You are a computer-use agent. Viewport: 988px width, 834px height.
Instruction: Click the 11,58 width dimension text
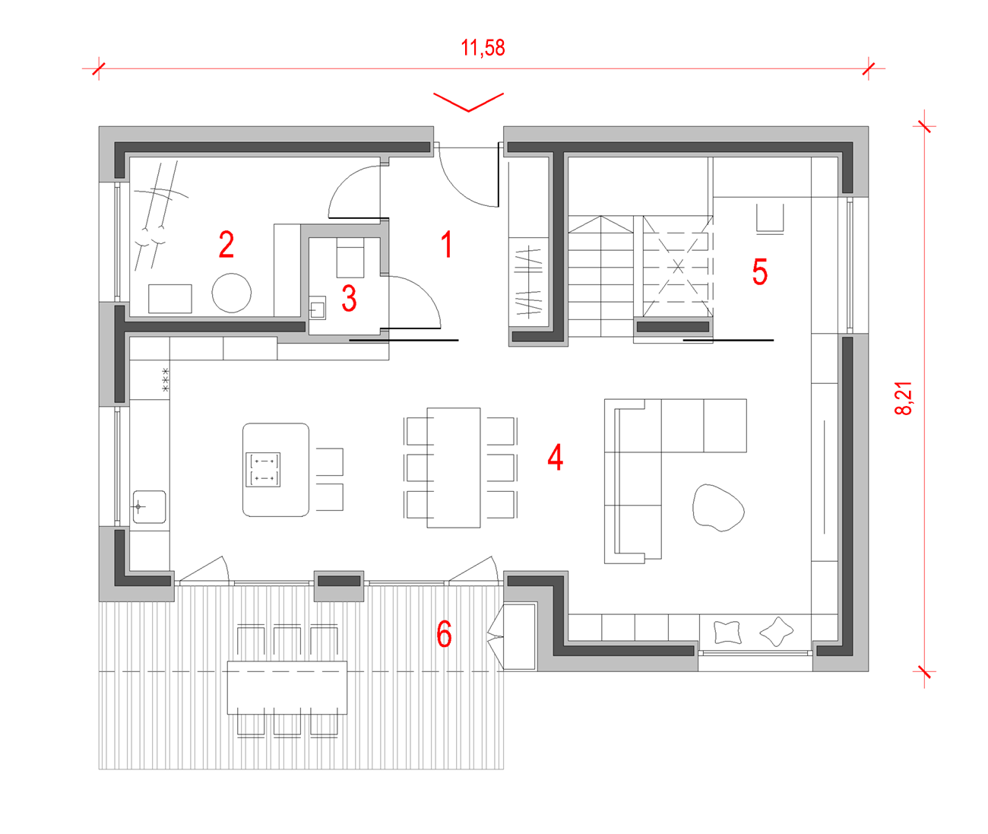coord(483,48)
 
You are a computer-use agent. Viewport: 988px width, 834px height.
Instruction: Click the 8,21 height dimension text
coord(904,398)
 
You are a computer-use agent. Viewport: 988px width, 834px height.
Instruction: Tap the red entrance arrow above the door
coord(468,102)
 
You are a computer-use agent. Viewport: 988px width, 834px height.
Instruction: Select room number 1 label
coord(446,244)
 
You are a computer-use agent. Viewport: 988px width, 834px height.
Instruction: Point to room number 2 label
coord(226,244)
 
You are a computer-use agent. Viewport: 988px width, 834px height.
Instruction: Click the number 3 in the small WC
coord(349,298)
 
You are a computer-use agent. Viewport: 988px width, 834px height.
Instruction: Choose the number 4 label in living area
coord(555,457)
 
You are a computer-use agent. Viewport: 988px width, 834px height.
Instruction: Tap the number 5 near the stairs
coord(760,271)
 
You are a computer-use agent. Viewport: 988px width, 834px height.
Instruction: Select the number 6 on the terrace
coord(444,634)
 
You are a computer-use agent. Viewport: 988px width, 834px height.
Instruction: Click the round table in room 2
coord(231,293)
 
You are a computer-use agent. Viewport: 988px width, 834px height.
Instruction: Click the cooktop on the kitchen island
coord(263,470)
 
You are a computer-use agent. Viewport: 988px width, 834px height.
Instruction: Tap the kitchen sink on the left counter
coord(149,507)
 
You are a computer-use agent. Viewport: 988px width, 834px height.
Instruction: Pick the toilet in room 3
coord(350,258)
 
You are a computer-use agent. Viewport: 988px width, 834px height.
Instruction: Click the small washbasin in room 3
coord(318,308)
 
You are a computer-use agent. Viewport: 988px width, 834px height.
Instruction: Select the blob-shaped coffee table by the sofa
coord(718,508)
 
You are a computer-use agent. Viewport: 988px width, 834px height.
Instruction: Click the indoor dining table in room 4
coord(454,468)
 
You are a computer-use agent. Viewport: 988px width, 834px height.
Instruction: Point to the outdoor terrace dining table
coord(287,688)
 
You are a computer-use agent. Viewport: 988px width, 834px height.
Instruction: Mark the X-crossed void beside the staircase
coord(678,267)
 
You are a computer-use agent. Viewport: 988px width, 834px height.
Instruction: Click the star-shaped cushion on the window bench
coord(776,632)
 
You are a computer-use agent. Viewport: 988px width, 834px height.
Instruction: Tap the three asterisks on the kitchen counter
coord(165,379)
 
